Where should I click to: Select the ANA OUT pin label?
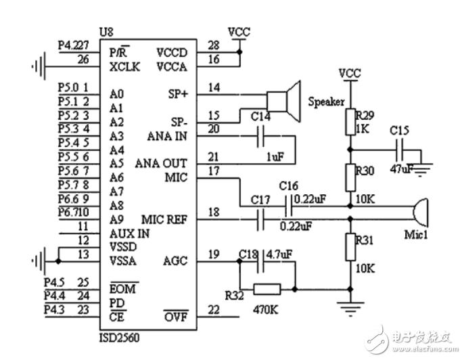coord(161,164)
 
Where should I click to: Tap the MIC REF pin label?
coord(164,219)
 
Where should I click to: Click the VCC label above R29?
coord(349,72)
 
